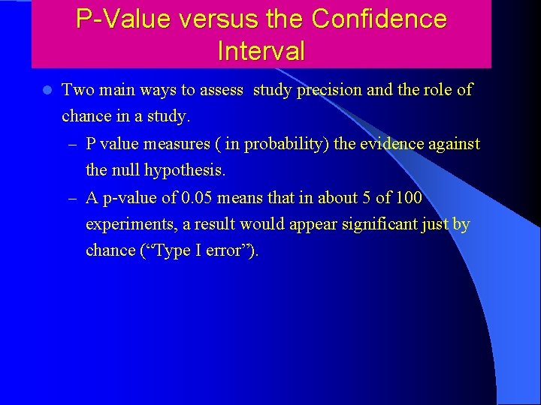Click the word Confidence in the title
click(379, 19)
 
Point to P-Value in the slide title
click(119, 19)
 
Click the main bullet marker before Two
click(47, 90)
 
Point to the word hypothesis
click(187, 170)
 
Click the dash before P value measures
click(71, 143)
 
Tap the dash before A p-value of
click(71, 197)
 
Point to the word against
click(453, 143)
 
